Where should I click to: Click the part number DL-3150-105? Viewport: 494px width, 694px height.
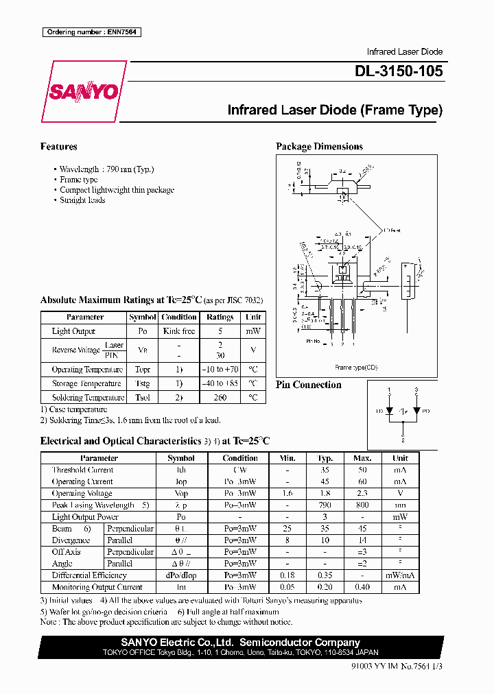399,71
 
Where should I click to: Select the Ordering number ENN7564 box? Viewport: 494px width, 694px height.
91,32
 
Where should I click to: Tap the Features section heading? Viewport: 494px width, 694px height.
58,147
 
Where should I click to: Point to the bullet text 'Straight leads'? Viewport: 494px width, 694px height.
82,200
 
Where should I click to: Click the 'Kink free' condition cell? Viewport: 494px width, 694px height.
179,331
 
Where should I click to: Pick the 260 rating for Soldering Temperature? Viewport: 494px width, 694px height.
220,397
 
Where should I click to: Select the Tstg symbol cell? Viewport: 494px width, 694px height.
143,383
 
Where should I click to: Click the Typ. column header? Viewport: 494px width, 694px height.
325,458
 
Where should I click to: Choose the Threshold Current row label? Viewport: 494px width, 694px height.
82,470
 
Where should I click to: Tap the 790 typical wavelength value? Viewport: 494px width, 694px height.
325,505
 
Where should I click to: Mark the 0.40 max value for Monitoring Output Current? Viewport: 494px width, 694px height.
362,587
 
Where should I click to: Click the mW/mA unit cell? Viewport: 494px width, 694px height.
400,575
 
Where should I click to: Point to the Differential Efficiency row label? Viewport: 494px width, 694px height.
89,575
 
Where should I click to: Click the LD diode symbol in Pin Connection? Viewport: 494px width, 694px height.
389,411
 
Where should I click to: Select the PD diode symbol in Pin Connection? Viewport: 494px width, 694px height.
416,411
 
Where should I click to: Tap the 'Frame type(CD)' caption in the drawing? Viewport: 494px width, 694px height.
355,368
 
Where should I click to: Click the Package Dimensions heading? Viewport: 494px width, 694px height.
319,147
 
